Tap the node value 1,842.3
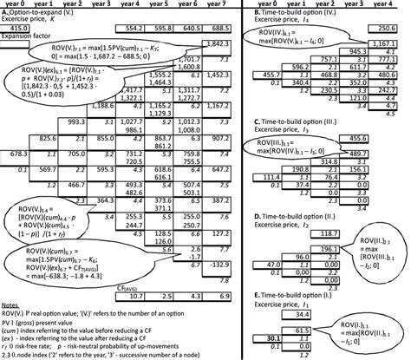pos(220,43)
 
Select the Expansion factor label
pos(24,37)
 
